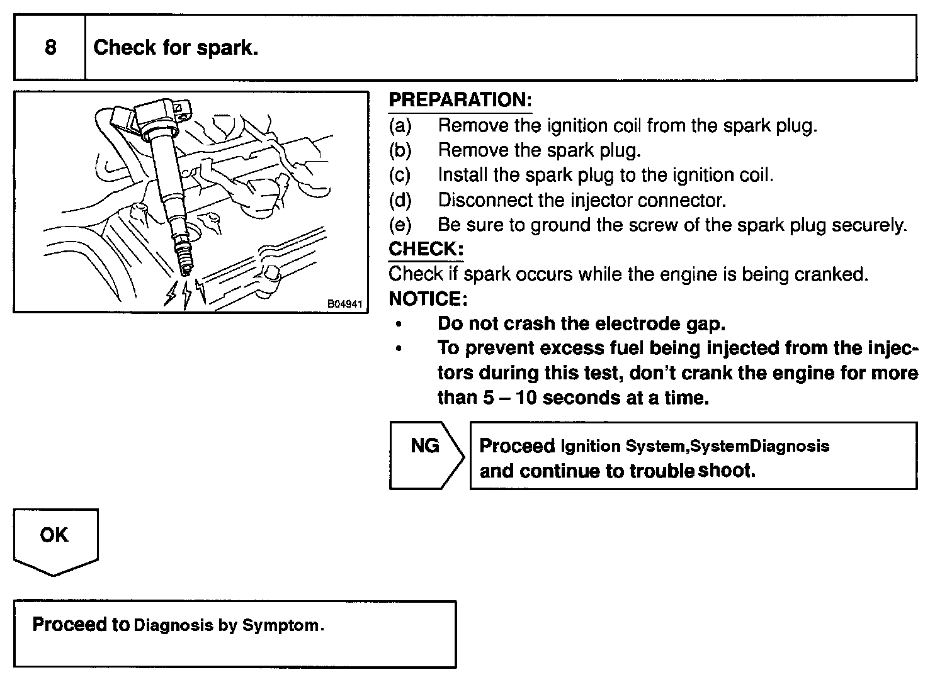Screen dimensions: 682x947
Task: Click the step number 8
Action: click(x=50, y=48)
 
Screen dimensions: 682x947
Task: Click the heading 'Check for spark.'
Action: click(x=176, y=48)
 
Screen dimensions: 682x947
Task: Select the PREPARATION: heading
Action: click(x=460, y=100)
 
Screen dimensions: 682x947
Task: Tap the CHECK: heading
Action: click(x=426, y=249)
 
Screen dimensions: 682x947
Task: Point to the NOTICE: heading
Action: click(x=428, y=298)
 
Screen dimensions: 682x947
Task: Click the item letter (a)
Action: click(x=400, y=125)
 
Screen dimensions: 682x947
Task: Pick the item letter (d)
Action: click(x=400, y=200)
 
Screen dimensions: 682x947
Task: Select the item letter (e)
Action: click(x=400, y=225)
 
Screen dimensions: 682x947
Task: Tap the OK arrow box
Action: click(x=55, y=540)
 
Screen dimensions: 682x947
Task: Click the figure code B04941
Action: click(x=344, y=304)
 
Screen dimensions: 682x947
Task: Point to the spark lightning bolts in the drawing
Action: click(x=185, y=293)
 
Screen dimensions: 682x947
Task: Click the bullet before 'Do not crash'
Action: click(x=398, y=324)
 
